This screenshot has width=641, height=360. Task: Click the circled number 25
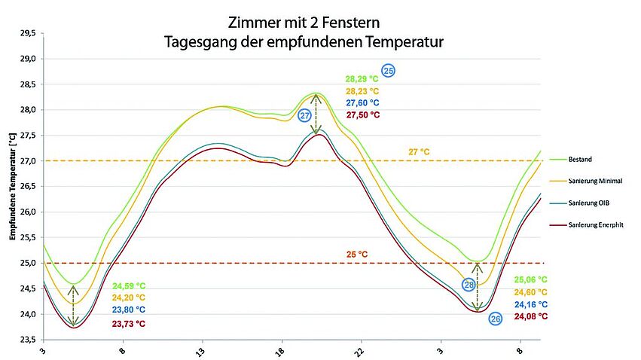click(389, 71)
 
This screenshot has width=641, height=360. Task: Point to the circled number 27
click(305, 115)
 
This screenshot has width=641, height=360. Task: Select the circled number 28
click(469, 285)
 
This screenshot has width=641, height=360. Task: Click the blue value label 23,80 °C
click(129, 310)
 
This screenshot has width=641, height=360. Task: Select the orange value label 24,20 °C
click(129, 297)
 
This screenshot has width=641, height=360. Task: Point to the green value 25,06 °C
click(530, 279)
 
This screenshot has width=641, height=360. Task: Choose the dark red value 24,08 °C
click(530, 317)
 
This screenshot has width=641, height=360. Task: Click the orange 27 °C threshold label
click(419, 152)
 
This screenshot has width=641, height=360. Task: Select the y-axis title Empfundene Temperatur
click(13, 187)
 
